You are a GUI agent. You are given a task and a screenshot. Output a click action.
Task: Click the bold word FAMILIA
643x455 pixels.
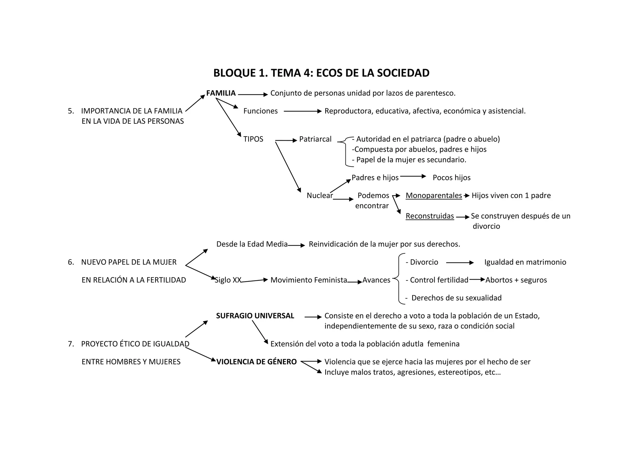221,93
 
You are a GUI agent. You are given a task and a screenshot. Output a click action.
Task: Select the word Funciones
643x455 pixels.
261,111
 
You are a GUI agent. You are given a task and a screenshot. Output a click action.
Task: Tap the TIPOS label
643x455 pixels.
253,139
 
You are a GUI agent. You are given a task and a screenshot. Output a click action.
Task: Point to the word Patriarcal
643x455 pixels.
315,139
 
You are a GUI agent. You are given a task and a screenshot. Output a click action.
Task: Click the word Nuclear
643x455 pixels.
320,195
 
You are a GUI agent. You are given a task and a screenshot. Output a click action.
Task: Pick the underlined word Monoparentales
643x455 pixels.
434,195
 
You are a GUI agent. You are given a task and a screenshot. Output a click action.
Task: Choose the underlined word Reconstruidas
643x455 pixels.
430,216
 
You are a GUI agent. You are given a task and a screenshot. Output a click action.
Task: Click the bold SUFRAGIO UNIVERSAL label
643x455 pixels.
255,316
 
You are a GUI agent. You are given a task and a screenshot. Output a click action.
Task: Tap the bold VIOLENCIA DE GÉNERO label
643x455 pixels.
257,362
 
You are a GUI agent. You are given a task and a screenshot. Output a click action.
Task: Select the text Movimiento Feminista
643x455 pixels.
309,280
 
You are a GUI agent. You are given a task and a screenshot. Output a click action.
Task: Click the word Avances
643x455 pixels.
376,280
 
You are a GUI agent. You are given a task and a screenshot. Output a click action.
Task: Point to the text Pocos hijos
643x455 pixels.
451,177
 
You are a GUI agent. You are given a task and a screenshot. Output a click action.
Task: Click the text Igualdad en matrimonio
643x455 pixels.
525,262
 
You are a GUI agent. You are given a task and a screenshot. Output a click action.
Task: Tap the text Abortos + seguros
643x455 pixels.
516,280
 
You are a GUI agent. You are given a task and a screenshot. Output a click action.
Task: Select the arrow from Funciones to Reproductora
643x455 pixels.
303,111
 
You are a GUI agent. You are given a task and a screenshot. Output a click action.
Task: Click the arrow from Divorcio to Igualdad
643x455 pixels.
460,263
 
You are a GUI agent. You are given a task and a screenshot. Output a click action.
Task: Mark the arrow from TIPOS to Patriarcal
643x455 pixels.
286,140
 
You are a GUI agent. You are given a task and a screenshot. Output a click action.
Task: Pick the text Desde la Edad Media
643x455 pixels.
252,244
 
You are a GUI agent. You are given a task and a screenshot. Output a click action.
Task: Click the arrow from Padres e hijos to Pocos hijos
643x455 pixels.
413,176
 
